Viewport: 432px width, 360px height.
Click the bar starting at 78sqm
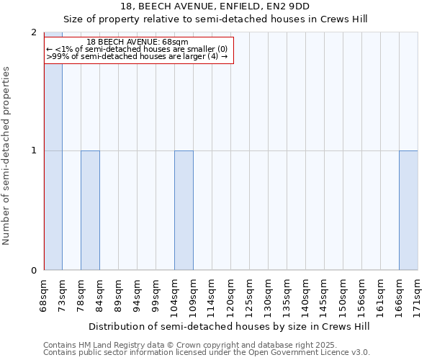click(x=90, y=210)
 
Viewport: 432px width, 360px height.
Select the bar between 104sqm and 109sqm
click(x=184, y=210)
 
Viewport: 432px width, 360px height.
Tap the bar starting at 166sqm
click(x=408, y=210)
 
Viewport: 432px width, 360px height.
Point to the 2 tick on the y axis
click(x=34, y=32)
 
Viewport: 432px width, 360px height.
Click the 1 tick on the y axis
click(x=34, y=150)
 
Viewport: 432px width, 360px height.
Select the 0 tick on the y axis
click(x=34, y=271)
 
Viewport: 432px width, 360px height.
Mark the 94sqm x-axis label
click(x=138, y=295)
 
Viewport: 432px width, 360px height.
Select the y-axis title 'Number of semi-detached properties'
click(x=7, y=156)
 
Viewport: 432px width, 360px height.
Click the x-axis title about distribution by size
click(x=230, y=326)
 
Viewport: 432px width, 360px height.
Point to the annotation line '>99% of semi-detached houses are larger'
click(x=136, y=56)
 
